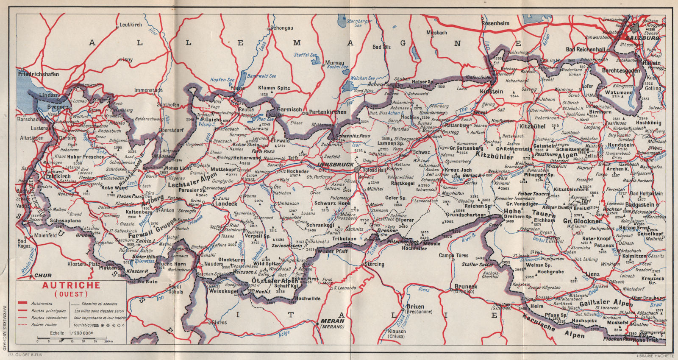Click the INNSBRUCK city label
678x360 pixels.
click(x=336, y=165)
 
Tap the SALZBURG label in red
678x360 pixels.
click(x=645, y=38)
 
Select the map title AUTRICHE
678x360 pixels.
click(x=71, y=285)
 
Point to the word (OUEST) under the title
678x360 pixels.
click(x=71, y=293)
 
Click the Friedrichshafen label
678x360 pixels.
click(x=39, y=74)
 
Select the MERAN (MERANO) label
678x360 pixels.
click(x=332, y=324)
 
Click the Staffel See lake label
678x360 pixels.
click(x=305, y=55)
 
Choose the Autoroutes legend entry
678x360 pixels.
click(x=42, y=304)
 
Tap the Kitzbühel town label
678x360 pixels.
click(x=532, y=126)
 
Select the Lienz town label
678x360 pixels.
click(x=592, y=274)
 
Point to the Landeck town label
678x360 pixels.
click(x=226, y=204)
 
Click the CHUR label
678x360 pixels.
click(x=43, y=276)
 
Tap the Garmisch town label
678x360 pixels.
click(x=289, y=109)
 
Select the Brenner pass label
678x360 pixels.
click(x=387, y=231)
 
